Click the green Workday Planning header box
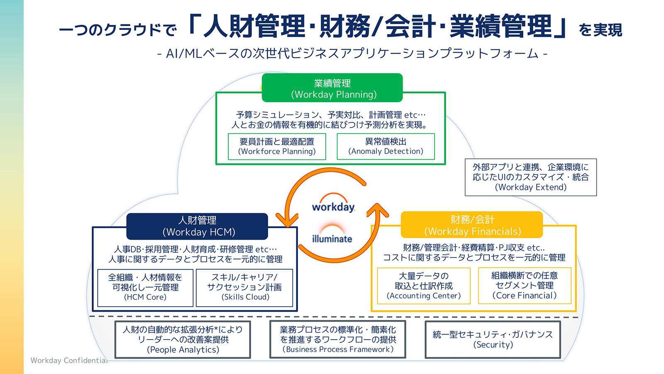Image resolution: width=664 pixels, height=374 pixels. [x=332, y=88]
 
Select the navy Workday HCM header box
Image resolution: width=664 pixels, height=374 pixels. [x=197, y=226]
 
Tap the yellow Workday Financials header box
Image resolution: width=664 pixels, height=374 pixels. [x=472, y=225]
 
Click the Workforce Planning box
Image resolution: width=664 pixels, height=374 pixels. [x=277, y=146]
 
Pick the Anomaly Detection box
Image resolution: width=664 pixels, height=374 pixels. [x=386, y=146]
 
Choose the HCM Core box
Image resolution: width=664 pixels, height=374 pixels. [x=145, y=287]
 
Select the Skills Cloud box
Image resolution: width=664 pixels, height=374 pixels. [x=244, y=287]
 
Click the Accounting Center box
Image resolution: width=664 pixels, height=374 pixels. [x=424, y=286]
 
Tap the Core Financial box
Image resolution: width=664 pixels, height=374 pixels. [x=525, y=285]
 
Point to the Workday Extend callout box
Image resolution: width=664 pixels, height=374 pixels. [x=530, y=177]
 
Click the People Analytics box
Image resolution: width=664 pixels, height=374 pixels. [x=183, y=340]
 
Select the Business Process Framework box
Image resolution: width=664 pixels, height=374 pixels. [x=338, y=340]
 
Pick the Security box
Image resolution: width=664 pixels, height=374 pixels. [x=493, y=340]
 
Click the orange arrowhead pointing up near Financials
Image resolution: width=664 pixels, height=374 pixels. [x=378, y=210]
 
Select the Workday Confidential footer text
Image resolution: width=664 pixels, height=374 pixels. [x=69, y=360]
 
